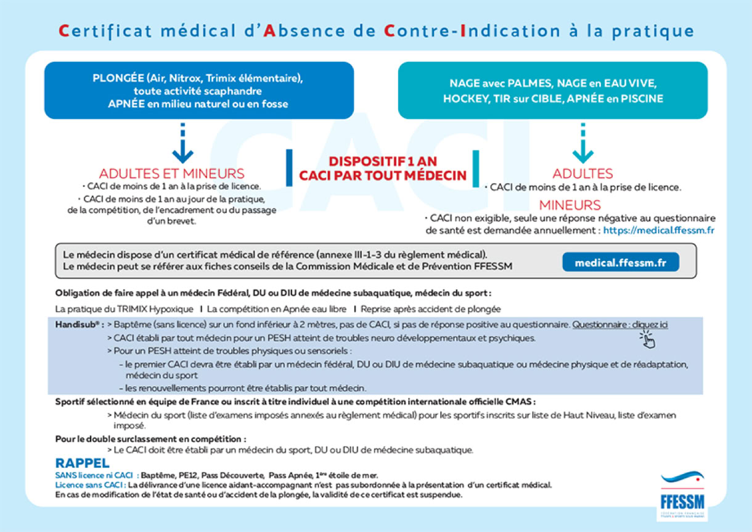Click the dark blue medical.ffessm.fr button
tap(620, 263)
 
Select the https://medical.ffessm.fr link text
tap(658, 230)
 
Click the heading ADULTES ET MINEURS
tap(172, 174)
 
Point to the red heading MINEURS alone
tap(570, 205)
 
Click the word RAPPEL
tap(83, 463)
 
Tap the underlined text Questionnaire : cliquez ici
tap(620, 324)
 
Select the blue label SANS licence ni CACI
tap(94, 476)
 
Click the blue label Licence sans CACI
tap(91, 485)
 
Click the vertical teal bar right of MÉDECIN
tap(475, 168)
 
